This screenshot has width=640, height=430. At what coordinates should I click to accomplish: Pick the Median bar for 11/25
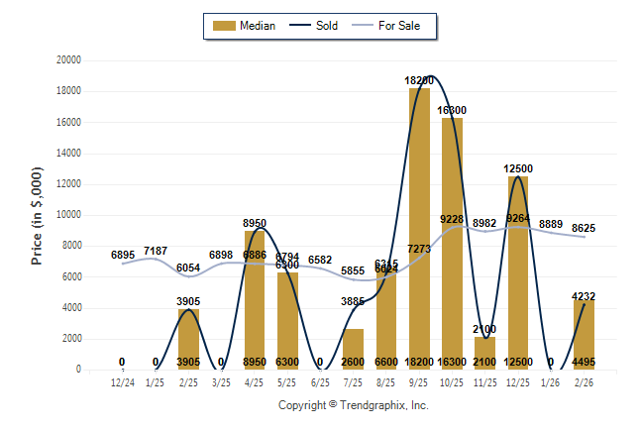(x=485, y=353)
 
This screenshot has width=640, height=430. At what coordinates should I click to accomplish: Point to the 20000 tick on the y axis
(x=68, y=60)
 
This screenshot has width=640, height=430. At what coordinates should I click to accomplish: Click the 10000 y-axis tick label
(x=68, y=215)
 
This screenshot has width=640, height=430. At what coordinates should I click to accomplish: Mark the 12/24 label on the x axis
(x=122, y=381)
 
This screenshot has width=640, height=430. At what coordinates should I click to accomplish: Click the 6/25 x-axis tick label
(x=320, y=381)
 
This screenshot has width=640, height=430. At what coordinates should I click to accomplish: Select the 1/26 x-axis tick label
(x=552, y=381)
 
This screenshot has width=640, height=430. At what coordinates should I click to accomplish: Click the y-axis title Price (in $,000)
(x=37, y=215)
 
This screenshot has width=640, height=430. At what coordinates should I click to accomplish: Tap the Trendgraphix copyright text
(x=354, y=405)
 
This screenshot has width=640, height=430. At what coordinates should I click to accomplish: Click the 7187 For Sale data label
(x=156, y=251)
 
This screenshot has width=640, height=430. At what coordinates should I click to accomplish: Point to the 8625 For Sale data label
(x=585, y=228)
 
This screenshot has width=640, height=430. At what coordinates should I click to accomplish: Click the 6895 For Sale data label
(x=122, y=256)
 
